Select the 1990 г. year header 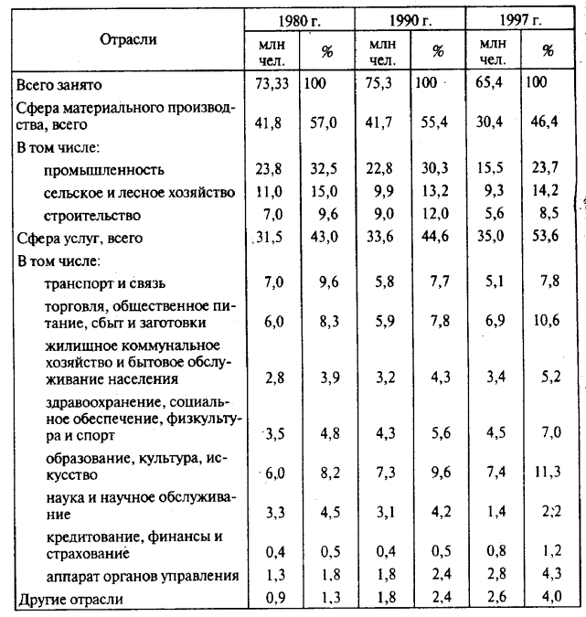408,20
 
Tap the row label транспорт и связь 105,283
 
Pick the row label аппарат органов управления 141,577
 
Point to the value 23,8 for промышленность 272,170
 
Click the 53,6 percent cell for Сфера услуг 546,238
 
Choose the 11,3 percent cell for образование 547,473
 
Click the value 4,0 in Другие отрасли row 546,600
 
